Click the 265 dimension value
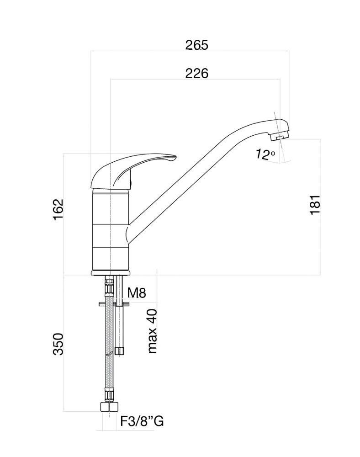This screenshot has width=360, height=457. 196,45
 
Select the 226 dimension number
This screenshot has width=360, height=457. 196,73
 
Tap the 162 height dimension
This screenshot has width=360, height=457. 58,209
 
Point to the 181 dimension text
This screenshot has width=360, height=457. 315,206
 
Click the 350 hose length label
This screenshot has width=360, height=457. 58,344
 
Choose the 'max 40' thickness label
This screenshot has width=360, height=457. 153,331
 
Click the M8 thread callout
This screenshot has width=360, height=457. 136,292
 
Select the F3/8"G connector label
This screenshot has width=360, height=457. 142,421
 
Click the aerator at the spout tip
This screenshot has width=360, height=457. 280,136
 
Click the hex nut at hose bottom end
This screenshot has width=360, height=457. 109,406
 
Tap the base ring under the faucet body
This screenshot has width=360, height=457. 111,273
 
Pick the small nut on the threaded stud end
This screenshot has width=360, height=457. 120,351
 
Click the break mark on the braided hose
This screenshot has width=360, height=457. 110,354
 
